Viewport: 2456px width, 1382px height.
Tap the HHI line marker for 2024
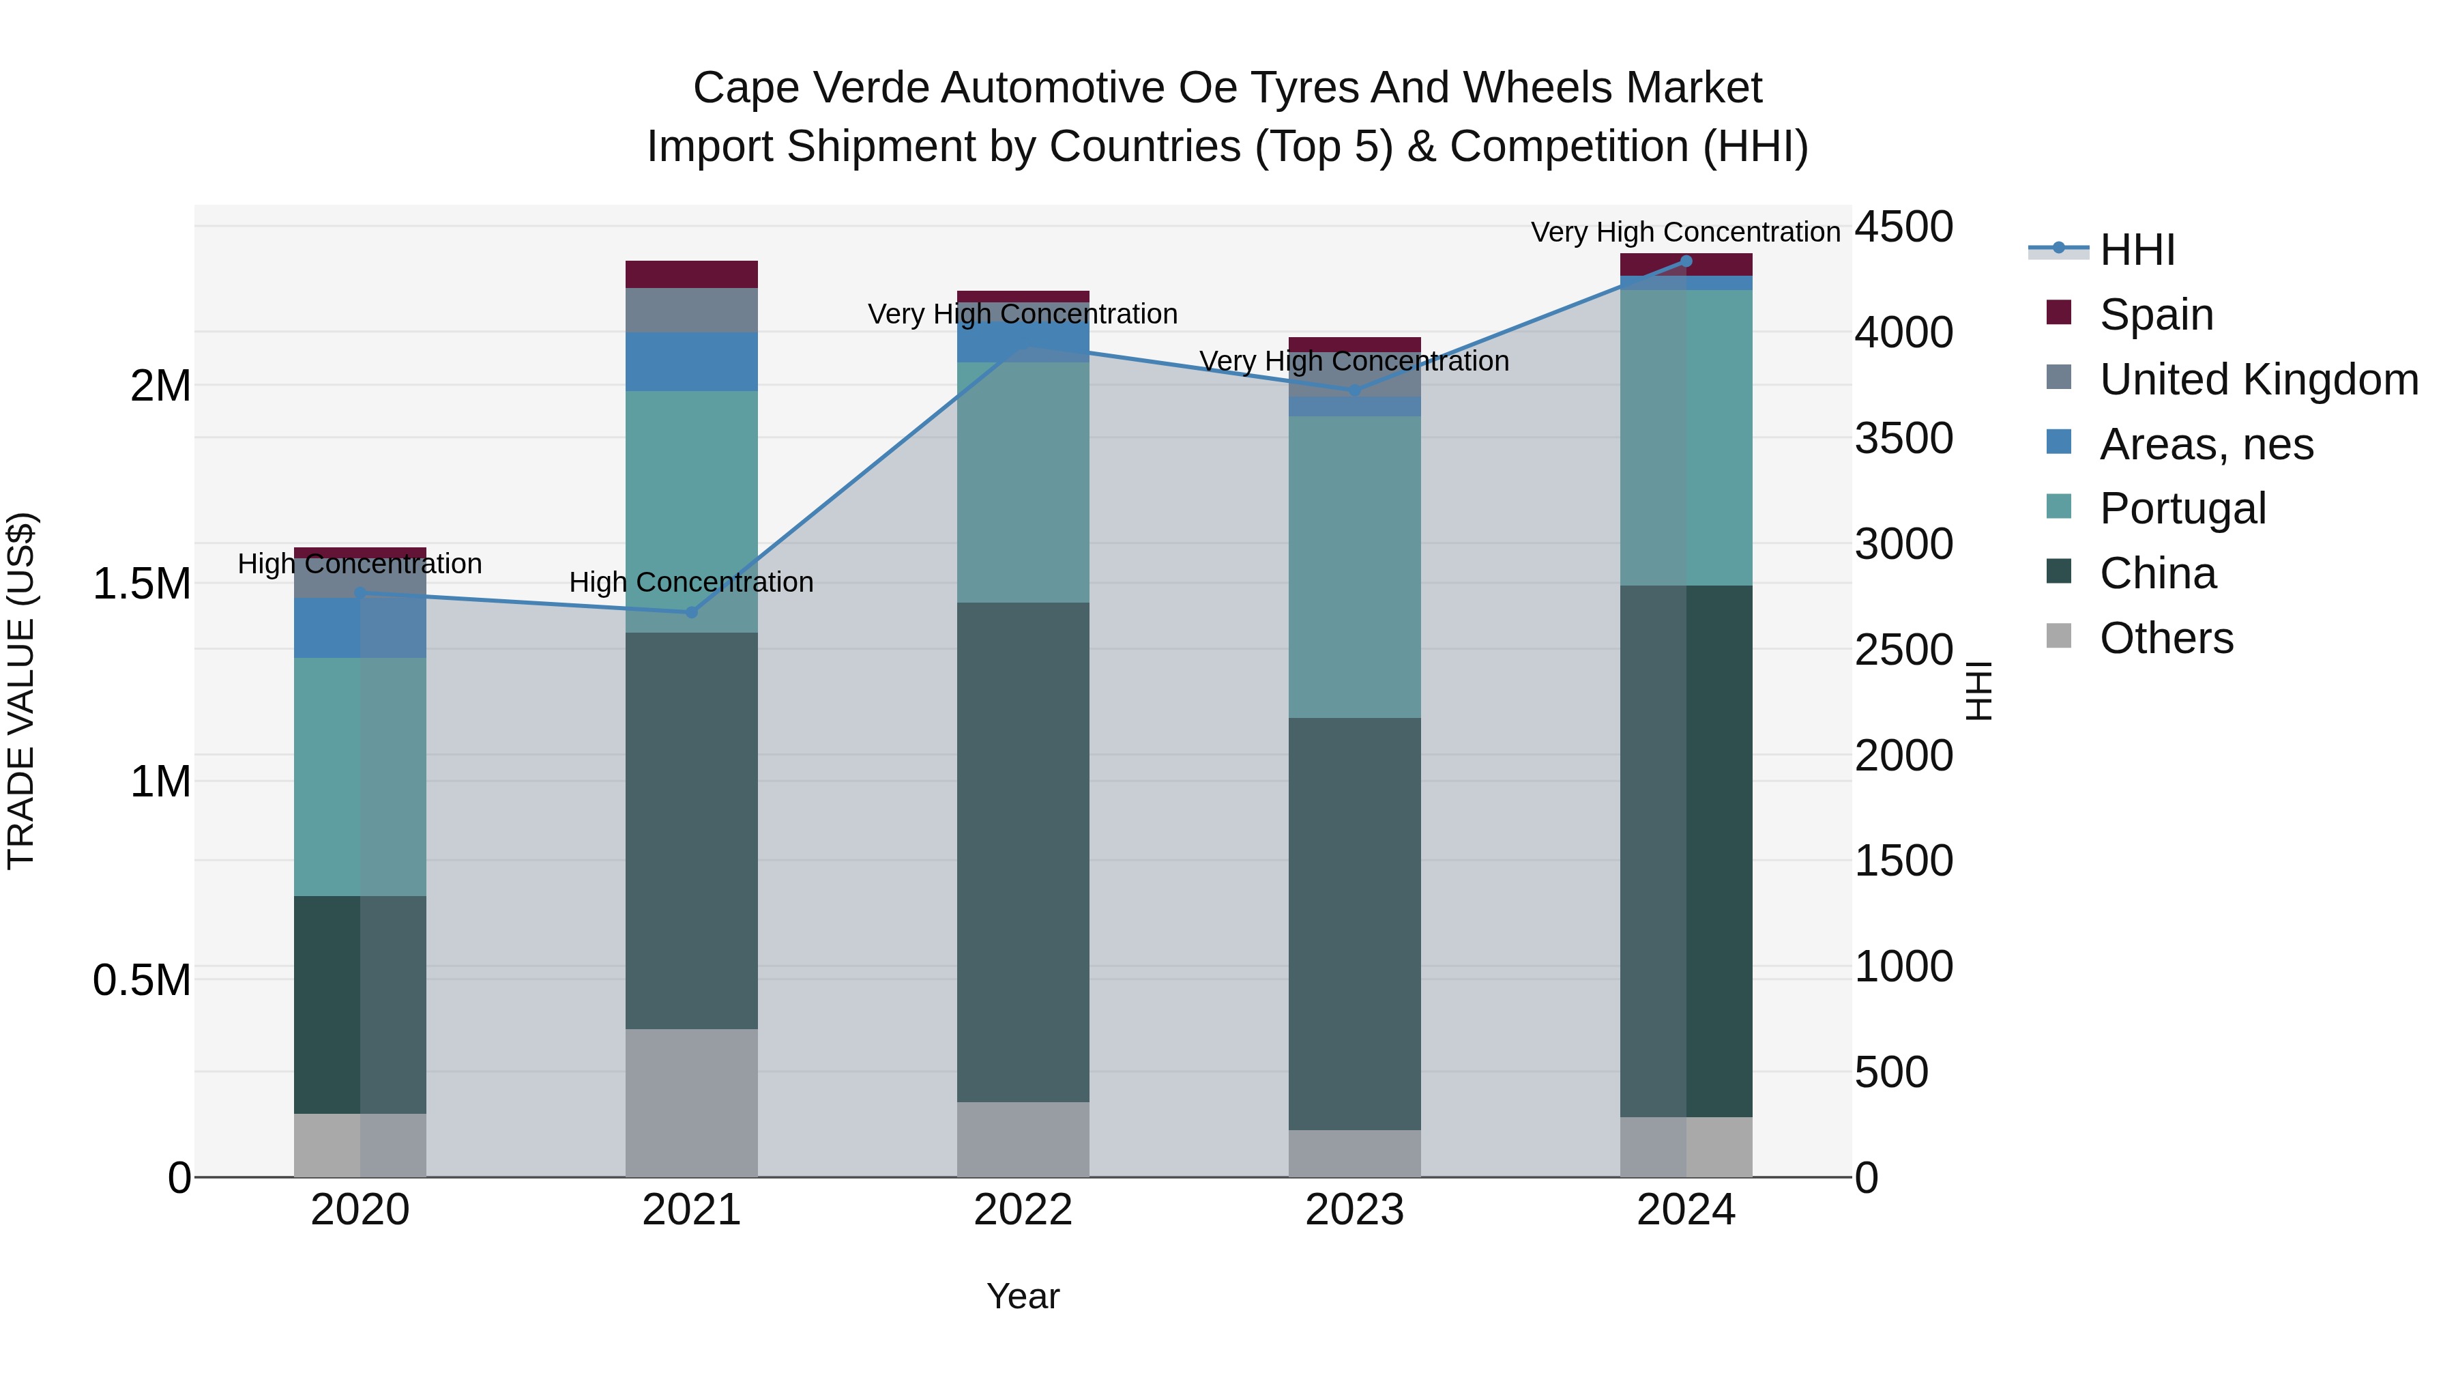pos(1686,261)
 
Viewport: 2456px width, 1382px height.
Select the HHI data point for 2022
pos(1023,347)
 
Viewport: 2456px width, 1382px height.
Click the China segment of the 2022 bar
pos(1023,852)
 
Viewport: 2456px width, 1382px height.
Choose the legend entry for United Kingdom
pos(2257,379)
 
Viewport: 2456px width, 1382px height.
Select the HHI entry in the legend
pos(2137,250)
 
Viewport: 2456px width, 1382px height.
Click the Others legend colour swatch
pos(2060,635)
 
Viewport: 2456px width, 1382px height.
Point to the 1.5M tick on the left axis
pos(142,584)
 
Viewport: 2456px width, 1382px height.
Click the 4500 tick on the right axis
pos(1903,227)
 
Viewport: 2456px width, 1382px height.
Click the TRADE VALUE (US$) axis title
pos(21,691)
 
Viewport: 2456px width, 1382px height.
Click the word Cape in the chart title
pos(742,88)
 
